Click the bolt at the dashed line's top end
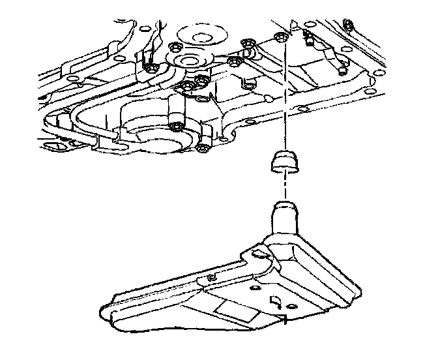click(x=280, y=36)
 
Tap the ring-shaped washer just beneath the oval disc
click(x=189, y=61)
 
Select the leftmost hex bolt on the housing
click(x=151, y=68)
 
